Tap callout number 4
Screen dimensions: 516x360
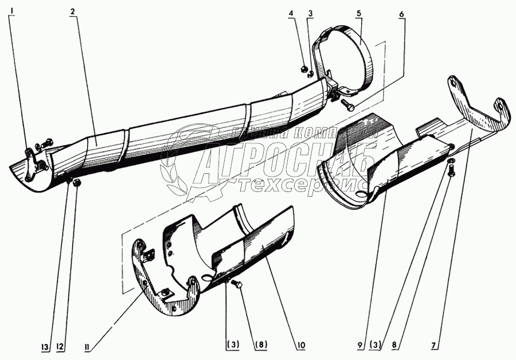coord(292,12)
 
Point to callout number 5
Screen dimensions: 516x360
coord(359,12)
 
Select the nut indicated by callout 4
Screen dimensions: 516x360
coord(303,69)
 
